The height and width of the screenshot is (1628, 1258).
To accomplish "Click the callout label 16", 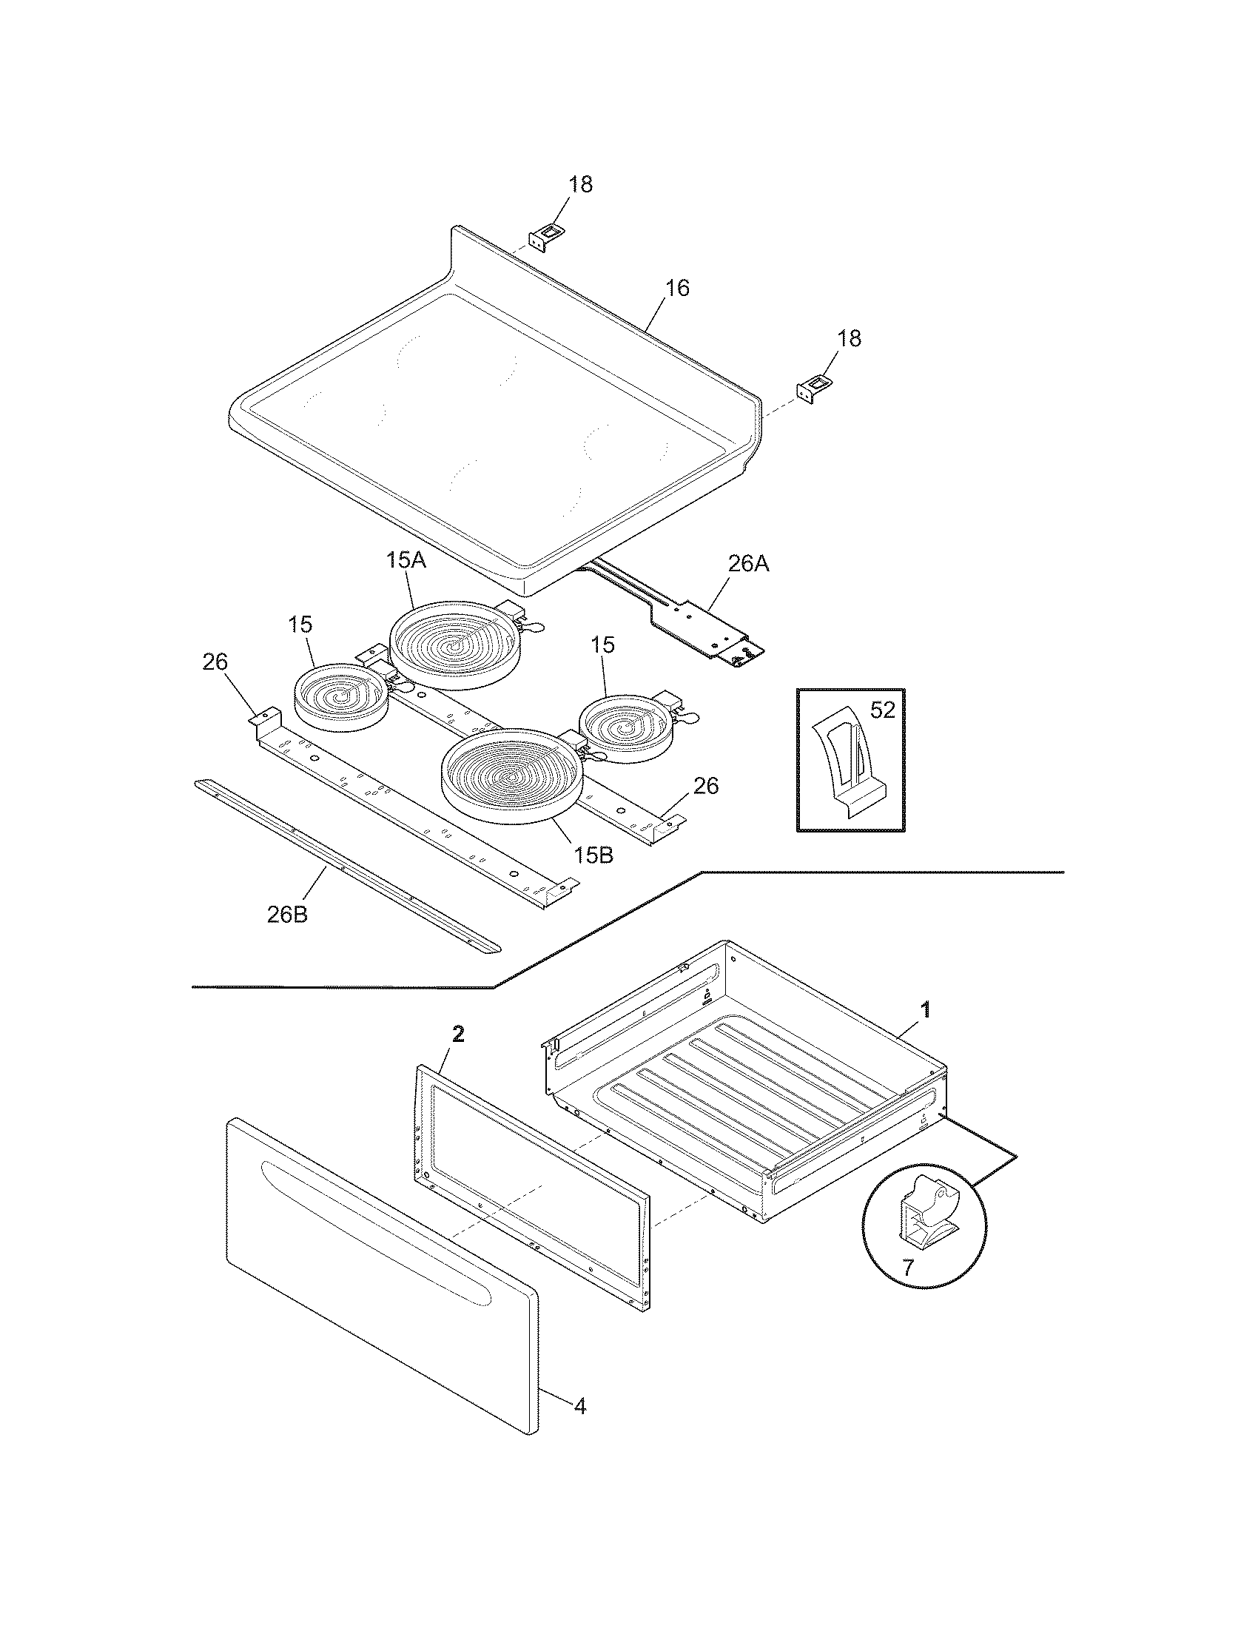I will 676,288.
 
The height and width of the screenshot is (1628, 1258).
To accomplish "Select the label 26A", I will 747,565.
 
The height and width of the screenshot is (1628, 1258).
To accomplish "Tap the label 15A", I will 406,561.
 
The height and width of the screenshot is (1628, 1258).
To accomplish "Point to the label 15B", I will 593,855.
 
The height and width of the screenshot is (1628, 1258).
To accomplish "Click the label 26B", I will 287,915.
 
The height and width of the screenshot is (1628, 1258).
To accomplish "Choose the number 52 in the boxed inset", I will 882,710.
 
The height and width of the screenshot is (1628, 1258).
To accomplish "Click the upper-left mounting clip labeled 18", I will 542,237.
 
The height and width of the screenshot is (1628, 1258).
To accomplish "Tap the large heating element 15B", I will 510,778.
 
